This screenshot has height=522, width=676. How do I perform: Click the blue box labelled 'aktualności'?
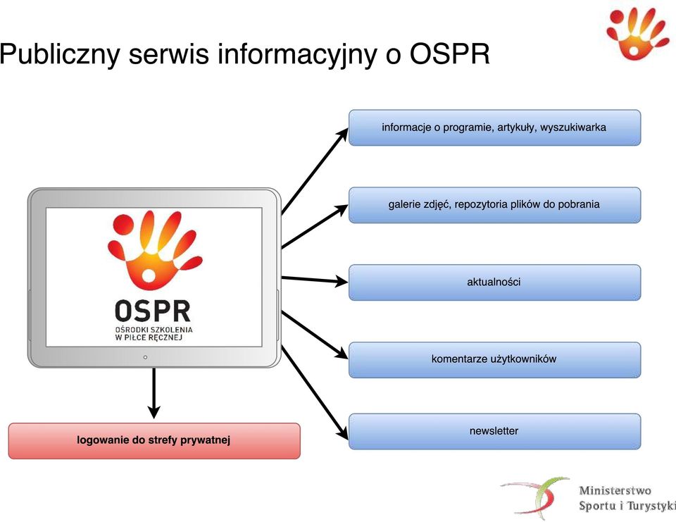pyautogui.click(x=494, y=282)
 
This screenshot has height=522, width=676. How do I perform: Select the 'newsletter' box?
pyautogui.click(x=494, y=431)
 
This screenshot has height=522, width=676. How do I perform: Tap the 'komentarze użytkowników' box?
pyautogui.click(x=494, y=360)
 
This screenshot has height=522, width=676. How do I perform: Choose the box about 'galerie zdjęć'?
pyautogui.click(x=494, y=205)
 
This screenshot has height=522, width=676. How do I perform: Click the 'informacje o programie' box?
pyautogui.click(x=494, y=128)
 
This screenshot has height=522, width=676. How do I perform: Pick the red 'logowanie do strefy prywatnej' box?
pyautogui.click(x=154, y=441)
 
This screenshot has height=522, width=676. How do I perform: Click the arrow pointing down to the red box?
pyautogui.click(x=154, y=393)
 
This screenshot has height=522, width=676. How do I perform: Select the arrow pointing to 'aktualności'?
pyautogui.click(x=315, y=280)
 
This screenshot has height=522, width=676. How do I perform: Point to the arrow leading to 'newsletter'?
pyautogui.click(x=315, y=392)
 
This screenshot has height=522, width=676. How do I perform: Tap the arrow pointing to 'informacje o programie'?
pyautogui.click(x=315, y=170)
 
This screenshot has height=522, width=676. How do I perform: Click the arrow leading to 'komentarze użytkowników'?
pyautogui.click(x=315, y=335)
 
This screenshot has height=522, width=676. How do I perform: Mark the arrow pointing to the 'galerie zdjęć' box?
pyautogui.click(x=315, y=227)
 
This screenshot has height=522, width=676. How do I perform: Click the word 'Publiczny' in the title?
pyautogui.click(x=59, y=55)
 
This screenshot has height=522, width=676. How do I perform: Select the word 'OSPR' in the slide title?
pyautogui.click(x=450, y=54)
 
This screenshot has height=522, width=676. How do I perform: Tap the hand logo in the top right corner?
pyautogui.click(x=637, y=34)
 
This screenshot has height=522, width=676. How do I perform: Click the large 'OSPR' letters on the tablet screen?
pyautogui.click(x=153, y=311)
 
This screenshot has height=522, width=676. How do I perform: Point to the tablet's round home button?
pyautogui.click(x=145, y=357)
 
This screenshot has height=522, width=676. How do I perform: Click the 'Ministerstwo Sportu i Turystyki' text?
pyautogui.click(x=627, y=498)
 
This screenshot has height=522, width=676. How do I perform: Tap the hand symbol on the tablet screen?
pyautogui.click(x=155, y=250)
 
